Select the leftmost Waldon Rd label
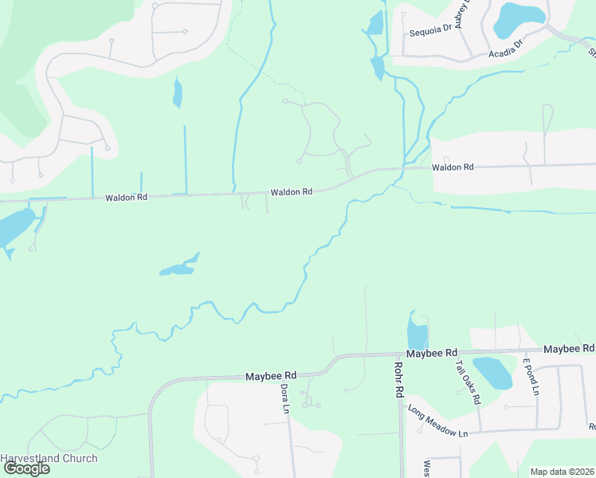click(126, 197)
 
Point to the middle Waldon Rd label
click(291, 192)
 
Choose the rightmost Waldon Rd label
click(453, 167)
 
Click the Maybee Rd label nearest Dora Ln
click(270, 376)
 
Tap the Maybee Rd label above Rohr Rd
click(431, 352)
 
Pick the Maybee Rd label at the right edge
click(569, 349)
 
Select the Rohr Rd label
click(399, 380)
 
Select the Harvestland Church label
click(49, 458)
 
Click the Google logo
click(25, 468)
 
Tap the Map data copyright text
click(562, 472)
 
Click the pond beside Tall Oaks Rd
click(492, 372)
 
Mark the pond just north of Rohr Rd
click(417, 332)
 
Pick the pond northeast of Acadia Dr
click(520, 19)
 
